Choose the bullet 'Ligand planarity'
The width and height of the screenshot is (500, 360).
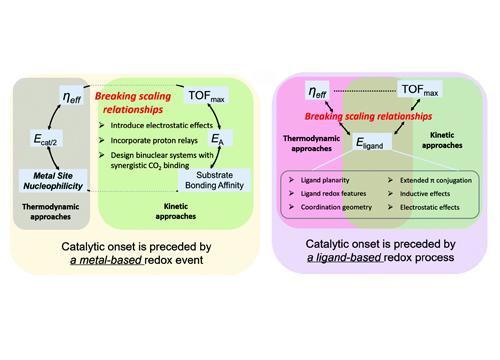click(328, 183)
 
